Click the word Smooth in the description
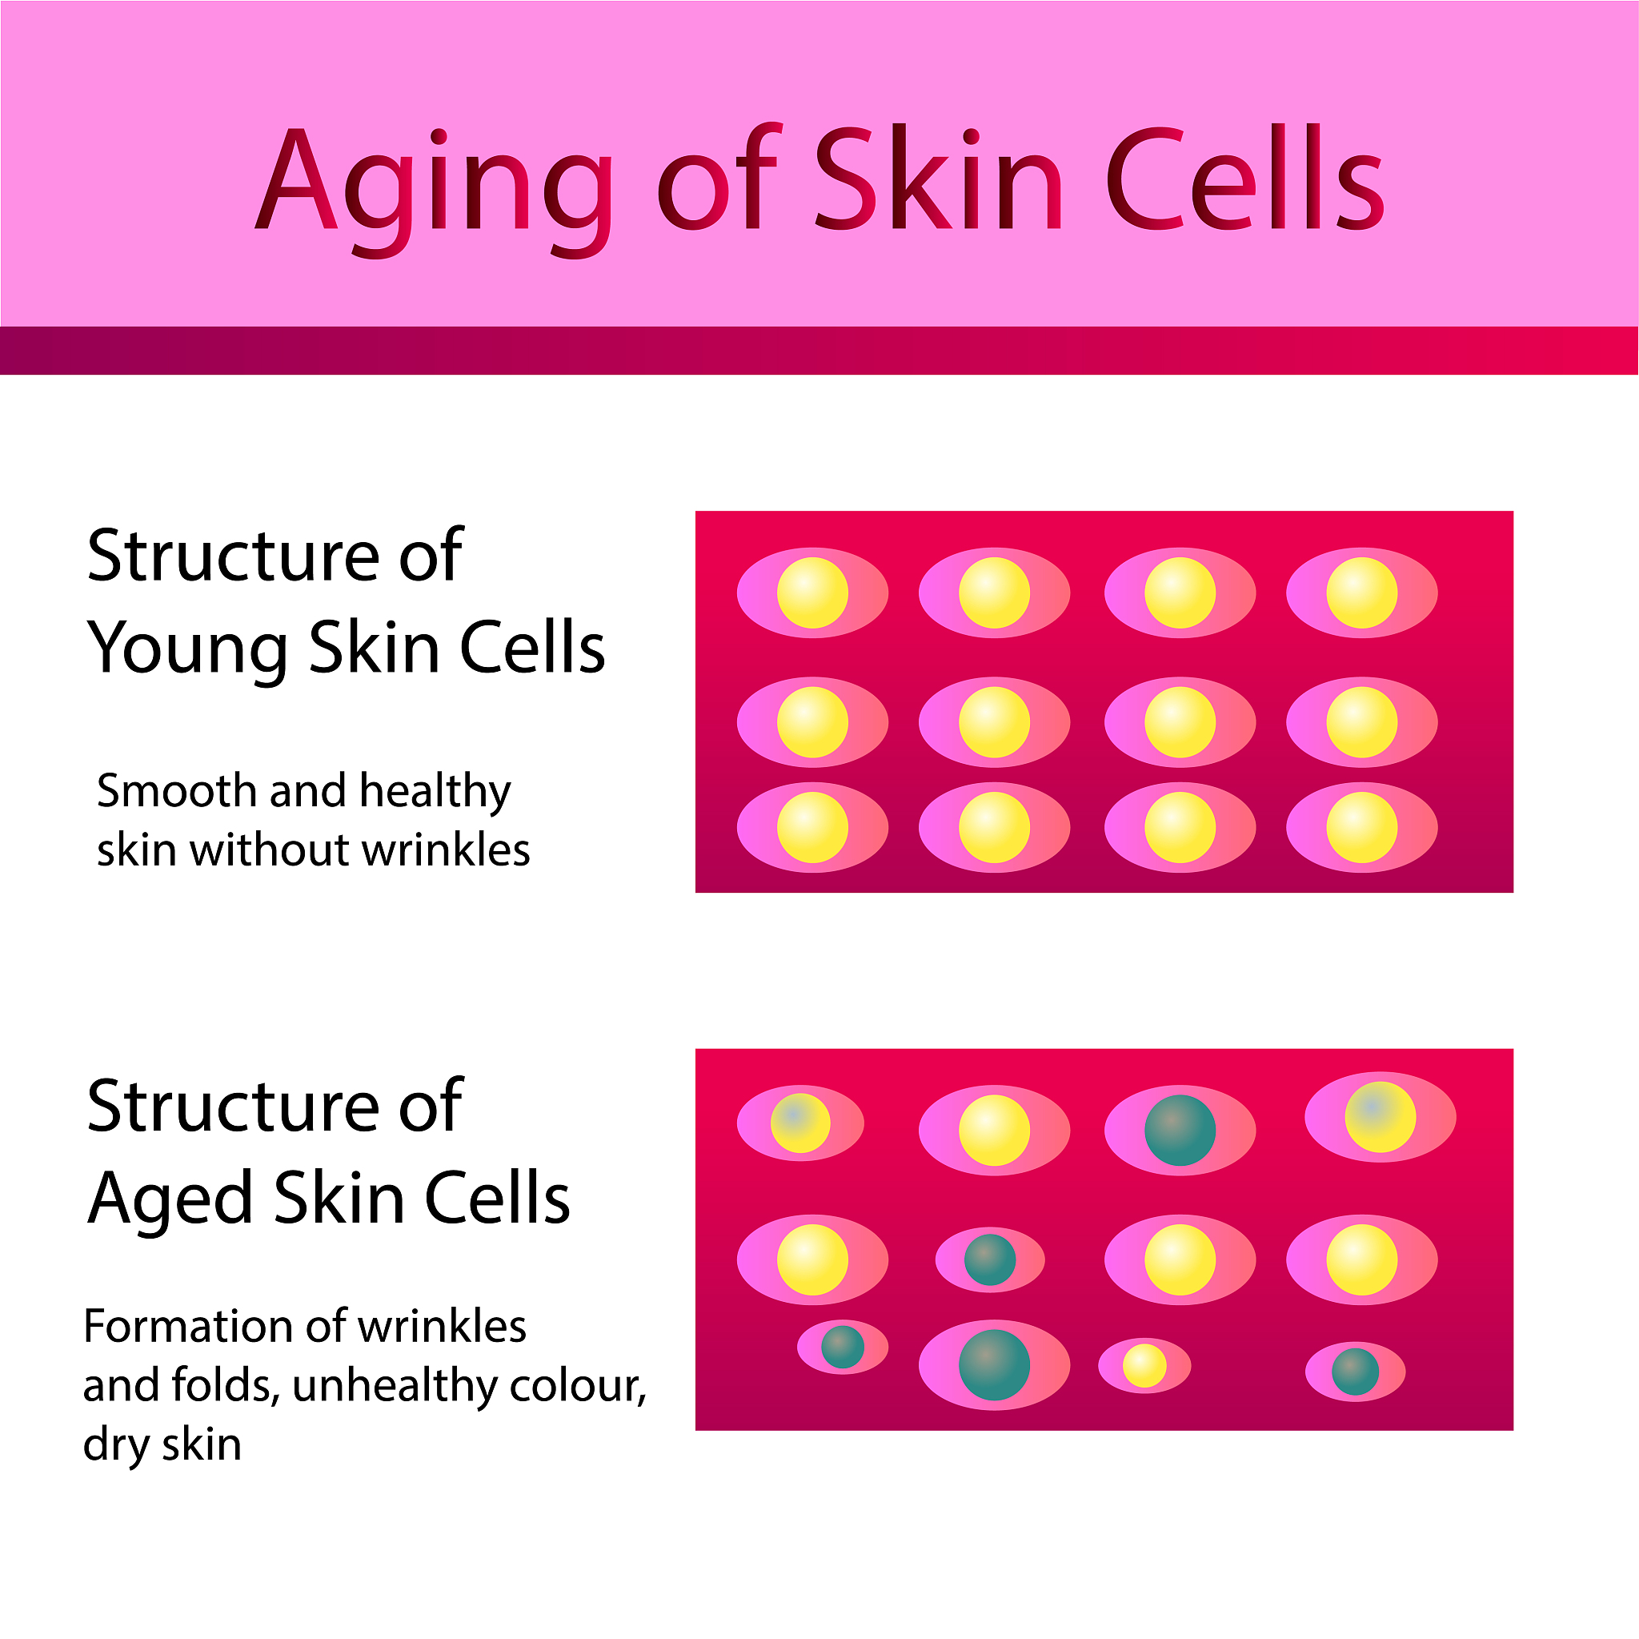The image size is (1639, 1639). [176, 791]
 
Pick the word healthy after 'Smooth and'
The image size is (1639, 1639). [435, 791]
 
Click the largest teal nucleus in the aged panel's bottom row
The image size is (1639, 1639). [994, 1365]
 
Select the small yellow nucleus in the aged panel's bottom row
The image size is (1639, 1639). [1144, 1366]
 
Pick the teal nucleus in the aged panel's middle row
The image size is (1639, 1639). [990, 1259]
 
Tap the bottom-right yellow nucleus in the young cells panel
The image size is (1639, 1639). [1361, 828]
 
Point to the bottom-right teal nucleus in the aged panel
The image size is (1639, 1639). [1356, 1372]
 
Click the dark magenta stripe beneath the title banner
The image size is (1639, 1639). [819, 351]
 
